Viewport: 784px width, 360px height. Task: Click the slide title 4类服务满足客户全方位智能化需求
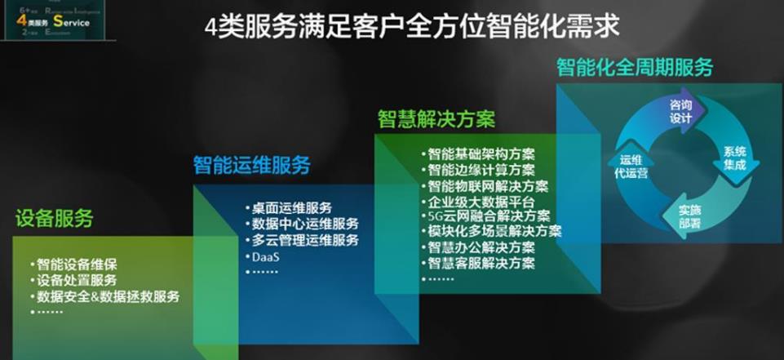[411, 26]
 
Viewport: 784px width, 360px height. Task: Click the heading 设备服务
[54, 219]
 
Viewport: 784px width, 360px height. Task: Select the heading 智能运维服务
[251, 165]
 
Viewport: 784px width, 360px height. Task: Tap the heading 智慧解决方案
[436, 119]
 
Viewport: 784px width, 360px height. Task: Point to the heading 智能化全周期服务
[634, 67]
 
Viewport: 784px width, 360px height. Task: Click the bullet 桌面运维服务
[292, 209]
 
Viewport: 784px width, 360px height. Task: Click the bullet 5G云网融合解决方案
[489, 216]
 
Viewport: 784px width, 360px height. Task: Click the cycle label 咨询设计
[680, 111]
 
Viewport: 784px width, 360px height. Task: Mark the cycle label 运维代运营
[629, 166]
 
